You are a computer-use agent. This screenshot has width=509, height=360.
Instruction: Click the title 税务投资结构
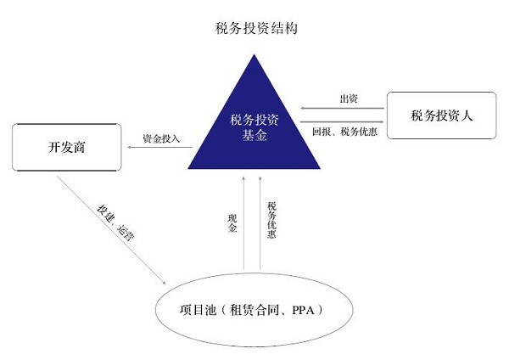coord(255,29)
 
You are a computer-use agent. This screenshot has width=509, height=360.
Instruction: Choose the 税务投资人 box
coord(441,115)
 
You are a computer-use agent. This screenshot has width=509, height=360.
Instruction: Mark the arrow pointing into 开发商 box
coord(157,148)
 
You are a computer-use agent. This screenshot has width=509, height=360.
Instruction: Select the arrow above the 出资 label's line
coord(344,108)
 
